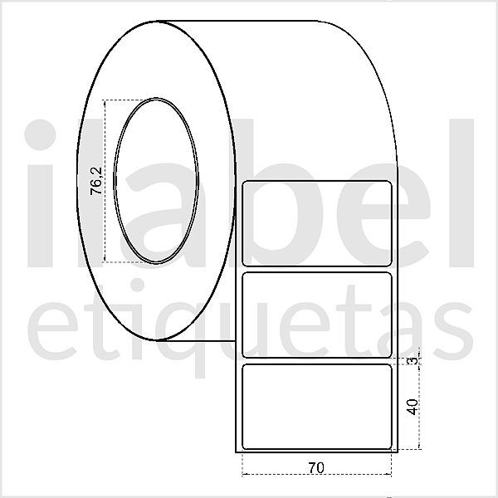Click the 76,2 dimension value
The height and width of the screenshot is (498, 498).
click(96, 180)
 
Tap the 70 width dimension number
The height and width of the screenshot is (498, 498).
click(315, 467)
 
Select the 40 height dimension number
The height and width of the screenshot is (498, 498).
click(411, 406)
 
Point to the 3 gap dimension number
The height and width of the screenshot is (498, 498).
click(411, 359)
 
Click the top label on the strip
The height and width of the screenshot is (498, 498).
click(316, 222)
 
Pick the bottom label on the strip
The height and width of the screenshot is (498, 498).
click(316, 407)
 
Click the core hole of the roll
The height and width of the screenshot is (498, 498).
click(157, 180)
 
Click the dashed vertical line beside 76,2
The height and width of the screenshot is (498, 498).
click(105, 180)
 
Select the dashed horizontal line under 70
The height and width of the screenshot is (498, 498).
click(316, 476)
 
